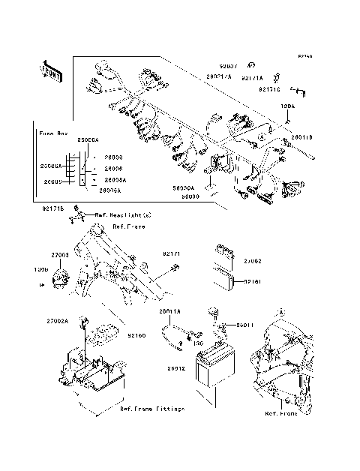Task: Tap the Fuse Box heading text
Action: tap(53, 133)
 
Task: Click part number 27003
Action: tap(60, 256)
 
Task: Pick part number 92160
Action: tap(136, 335)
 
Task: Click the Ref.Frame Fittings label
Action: tap(152, 409)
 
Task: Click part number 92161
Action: tap(252, 282)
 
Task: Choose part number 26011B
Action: tap(301, 137)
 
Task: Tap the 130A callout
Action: tap(288, 107)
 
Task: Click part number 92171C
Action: tap(271, 89)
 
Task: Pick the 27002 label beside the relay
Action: tap(252, 259)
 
